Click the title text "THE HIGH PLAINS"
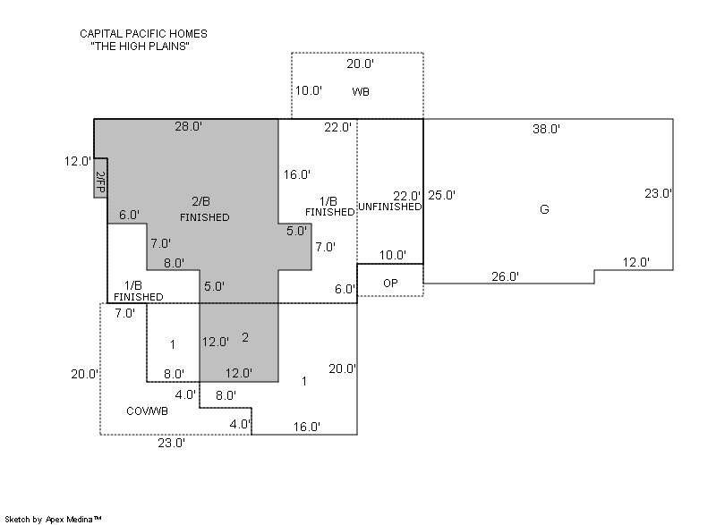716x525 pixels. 141,47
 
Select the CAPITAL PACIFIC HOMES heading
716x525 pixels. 143,34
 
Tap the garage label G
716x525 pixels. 544,209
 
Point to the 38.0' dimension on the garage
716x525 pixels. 546,129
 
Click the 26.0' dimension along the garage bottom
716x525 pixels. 505,276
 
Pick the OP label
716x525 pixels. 390,284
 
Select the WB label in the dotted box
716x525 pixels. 361,92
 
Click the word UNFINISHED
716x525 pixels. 390,207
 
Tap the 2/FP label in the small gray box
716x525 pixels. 101,182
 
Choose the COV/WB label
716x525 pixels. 147,411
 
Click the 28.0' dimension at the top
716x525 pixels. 189,126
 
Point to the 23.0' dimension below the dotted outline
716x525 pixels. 172,443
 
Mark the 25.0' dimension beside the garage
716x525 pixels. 441,195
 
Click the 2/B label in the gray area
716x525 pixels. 200,201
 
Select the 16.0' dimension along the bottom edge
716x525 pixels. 307,427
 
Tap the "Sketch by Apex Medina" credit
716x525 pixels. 53,519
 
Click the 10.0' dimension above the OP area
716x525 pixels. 393,255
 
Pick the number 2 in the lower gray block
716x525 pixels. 245,337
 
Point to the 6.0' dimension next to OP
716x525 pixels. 345,289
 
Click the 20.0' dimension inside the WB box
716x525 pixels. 361,64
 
